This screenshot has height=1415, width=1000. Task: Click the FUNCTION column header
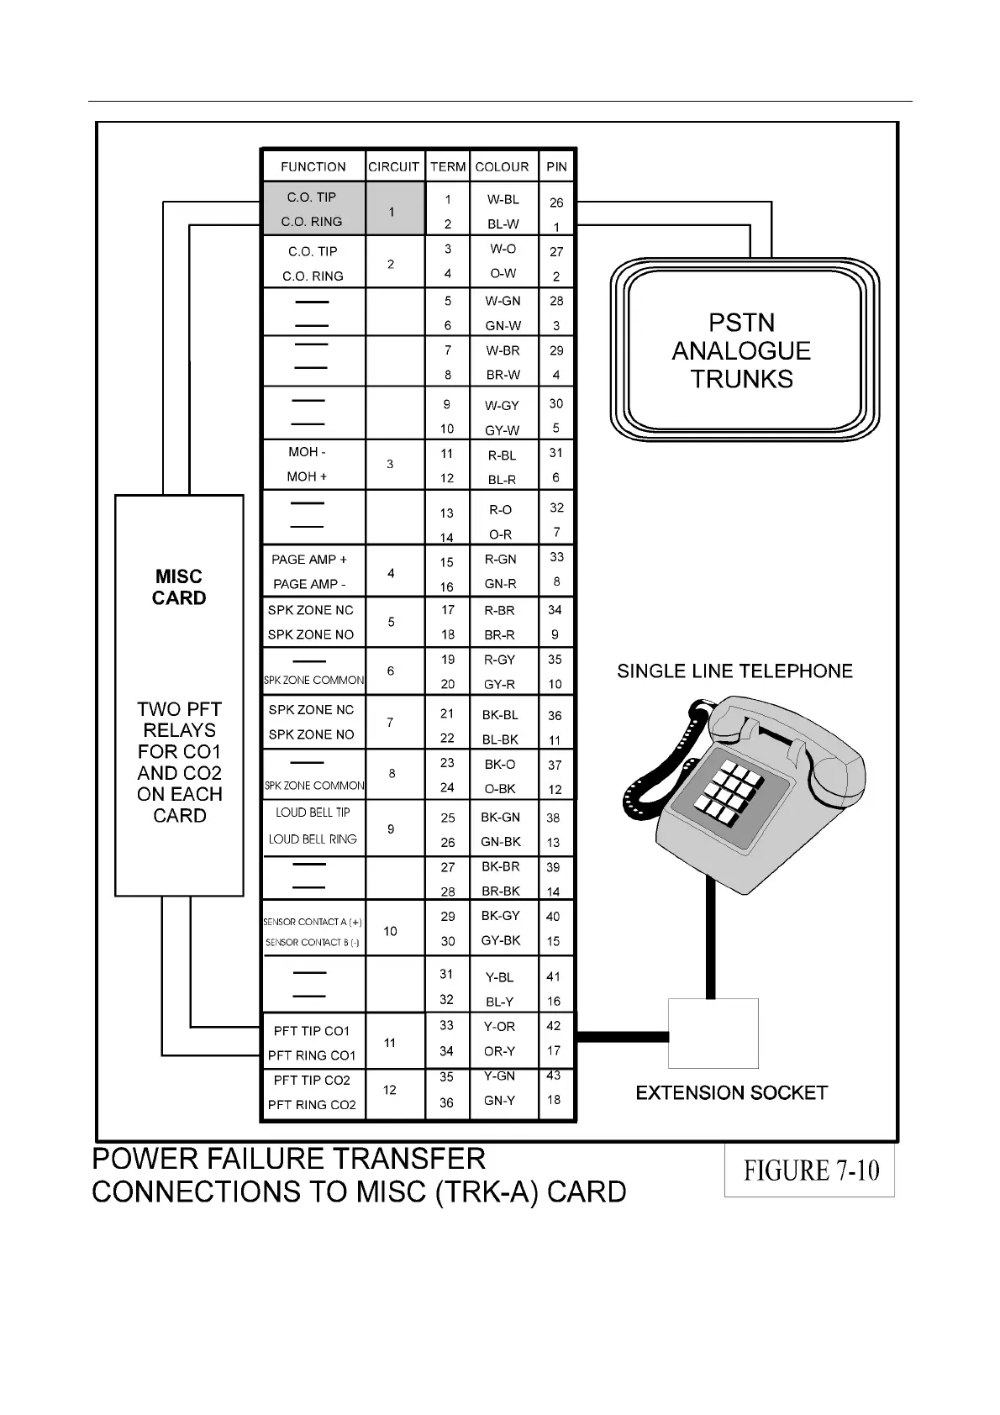click(x=313, y=166)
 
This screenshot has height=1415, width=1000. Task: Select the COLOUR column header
click(x=502, y=166)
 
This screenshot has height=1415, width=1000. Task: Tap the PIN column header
click(x=556, y=166)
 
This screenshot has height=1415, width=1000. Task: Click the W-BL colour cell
click(x=503, y=200)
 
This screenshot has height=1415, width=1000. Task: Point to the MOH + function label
click(x=307, y=476)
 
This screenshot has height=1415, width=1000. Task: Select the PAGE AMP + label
click(x=308, y=560)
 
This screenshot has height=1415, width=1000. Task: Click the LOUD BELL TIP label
click(x=313, y=813)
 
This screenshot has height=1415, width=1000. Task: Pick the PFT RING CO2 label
click(x=312, y=1105)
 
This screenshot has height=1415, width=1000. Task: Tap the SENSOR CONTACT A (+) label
click(x=313, y=922)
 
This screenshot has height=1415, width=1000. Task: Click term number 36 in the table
click(x=446, y=1102)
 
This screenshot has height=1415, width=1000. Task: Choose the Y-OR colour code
click(x=499, y=1027)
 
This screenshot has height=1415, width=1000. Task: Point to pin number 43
click(x=553, y=1076)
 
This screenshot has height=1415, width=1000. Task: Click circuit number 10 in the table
click(x=390, y=931)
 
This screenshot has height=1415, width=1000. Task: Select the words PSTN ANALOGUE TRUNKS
click(x=741, y=351)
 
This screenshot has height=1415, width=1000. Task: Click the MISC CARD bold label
click(x=179, y=587)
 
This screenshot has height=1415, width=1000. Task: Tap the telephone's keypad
click(x=724, y=792)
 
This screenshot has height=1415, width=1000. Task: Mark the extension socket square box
click(x=713, y=1034)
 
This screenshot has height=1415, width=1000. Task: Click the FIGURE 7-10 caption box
click(x=810, y=1170)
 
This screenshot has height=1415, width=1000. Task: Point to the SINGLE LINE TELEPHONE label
click(x=734, y=671)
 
